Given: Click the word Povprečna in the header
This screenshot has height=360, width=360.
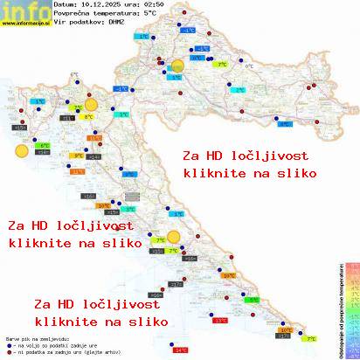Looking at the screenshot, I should coord(75,13).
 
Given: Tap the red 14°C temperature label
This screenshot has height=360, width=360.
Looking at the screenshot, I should coord(181,350).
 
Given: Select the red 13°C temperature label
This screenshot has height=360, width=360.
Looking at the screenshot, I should coord(220,321).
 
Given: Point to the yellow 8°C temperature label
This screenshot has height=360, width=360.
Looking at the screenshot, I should coord(88,116).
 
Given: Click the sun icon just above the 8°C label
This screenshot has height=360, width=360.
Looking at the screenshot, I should coord(88,100).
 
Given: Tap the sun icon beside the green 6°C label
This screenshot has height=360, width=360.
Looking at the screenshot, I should coord(21,151).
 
